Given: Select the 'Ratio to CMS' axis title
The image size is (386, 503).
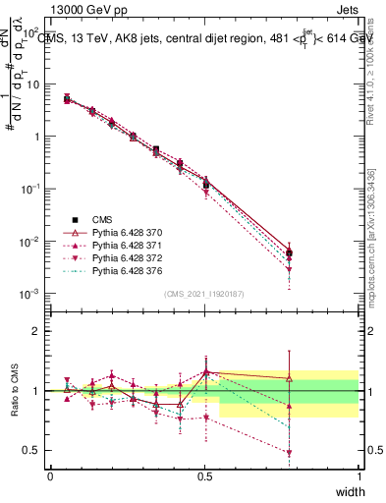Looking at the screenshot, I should click(14, 391).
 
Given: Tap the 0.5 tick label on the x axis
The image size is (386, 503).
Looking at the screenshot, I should click(204, 476).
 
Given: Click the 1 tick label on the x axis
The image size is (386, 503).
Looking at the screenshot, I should click(358, 476).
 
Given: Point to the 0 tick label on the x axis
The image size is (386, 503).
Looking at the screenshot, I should click(50, 476).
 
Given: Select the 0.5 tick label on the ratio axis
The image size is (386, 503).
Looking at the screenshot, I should click(31, 451).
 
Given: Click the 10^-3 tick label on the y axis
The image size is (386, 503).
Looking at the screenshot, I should click(30, 294).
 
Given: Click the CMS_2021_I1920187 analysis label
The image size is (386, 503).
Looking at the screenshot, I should click(203, 294).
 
